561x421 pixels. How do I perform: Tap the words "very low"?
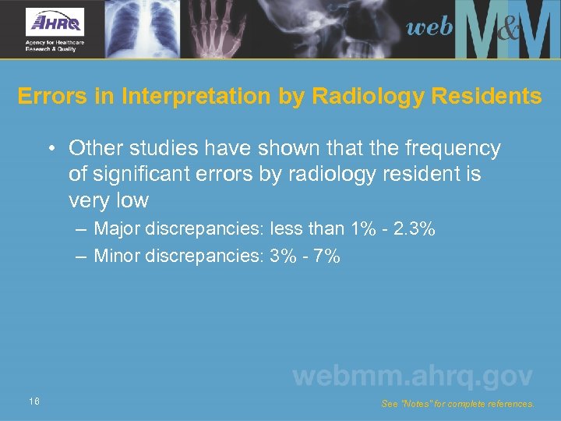[x=108, y=200]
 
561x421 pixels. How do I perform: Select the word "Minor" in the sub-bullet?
[x=118, y=256]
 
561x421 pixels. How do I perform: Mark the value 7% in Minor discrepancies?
[x=326, y=256]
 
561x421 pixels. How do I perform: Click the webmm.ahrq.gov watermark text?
[x=412, y=377]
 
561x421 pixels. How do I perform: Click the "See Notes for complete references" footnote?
[x=458, y=405]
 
